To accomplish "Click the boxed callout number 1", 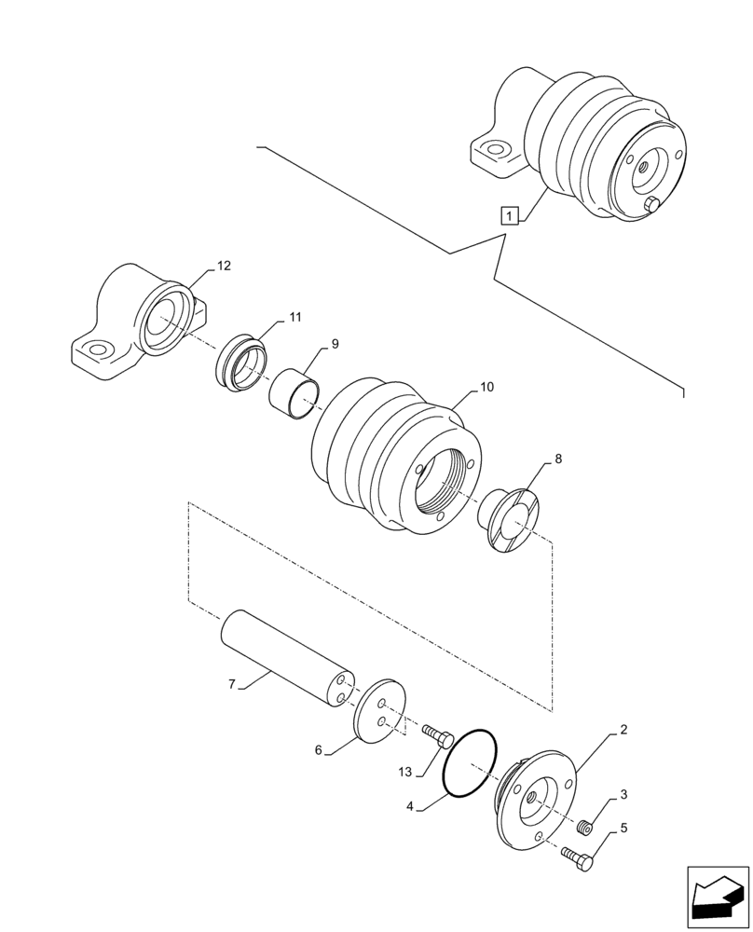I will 508,216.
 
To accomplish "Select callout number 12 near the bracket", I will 223,266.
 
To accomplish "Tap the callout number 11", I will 294,318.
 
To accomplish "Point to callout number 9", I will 335,343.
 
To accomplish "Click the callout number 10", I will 486,387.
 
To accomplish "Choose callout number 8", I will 558,459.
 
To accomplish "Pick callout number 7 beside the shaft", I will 231,684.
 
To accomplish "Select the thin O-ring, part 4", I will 471,765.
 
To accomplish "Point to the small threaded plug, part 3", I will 586,826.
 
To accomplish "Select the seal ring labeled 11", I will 241,364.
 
